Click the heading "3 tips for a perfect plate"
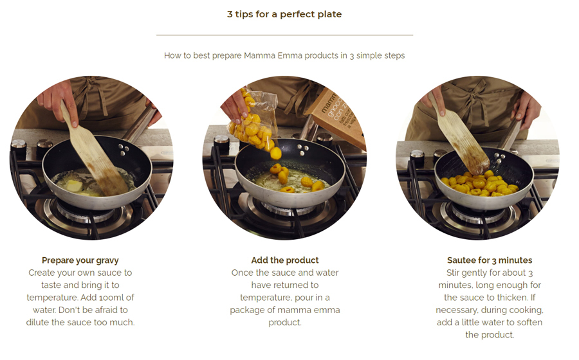coord(284,14)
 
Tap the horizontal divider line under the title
coord(285,35)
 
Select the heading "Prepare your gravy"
coord(80,260)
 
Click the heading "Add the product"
coord(285,260)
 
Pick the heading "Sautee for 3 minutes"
coord(490,260)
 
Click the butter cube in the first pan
coord(74,186)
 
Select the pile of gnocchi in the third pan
coord(479,184)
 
